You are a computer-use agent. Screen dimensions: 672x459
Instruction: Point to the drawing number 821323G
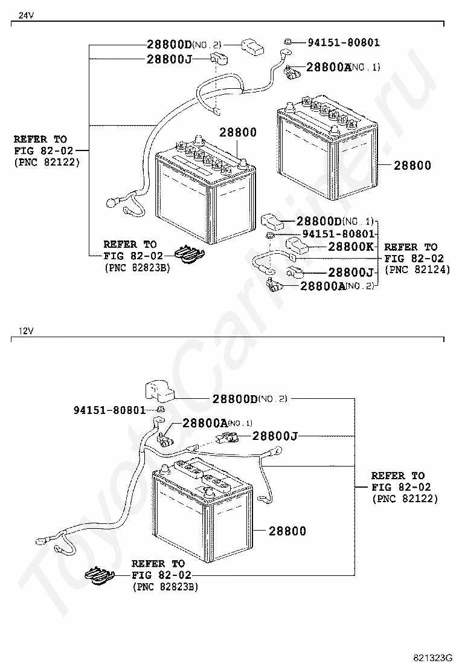(433, 657)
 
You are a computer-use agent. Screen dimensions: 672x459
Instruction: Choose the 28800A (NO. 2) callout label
(337, 285)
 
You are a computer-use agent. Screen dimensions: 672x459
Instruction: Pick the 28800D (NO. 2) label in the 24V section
(184, 45)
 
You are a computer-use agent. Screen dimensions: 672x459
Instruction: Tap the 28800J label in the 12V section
(276, 435)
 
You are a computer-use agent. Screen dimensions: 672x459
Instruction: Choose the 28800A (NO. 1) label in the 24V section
(342, 67)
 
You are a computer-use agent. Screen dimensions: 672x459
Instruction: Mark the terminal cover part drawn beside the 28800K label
(297, 245)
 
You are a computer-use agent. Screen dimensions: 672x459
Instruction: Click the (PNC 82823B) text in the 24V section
(137, 267)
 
